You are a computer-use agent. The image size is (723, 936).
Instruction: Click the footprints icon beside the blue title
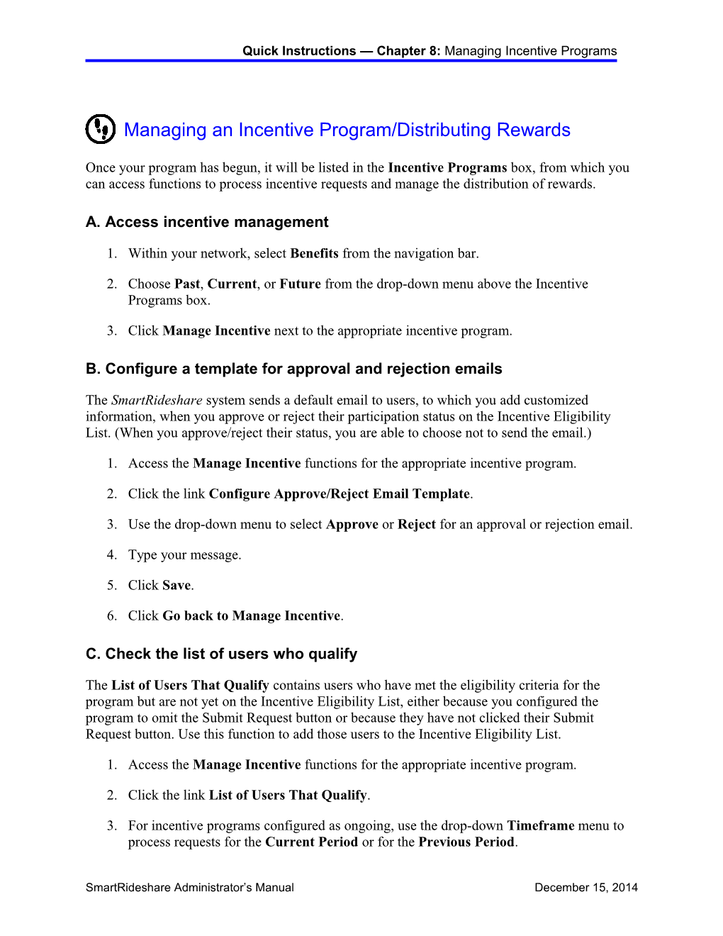tap(101, 129)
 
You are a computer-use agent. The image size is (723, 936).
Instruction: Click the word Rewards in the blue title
tap(533, 130)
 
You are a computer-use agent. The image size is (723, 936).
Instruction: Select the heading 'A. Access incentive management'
tap(207, 222)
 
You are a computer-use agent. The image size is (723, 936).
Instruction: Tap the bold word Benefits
tap(314, 253)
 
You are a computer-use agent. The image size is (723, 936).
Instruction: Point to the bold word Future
tap(300, 284)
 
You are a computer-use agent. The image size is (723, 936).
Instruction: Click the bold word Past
tap(187, 284)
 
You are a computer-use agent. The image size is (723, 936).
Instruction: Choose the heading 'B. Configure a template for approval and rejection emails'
tap(293, 369)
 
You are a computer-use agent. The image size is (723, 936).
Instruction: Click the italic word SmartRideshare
tap(157, 400)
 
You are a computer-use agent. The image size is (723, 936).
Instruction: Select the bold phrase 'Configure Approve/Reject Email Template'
tap(339, 494)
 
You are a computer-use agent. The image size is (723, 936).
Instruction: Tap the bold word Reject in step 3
tap(416, 524)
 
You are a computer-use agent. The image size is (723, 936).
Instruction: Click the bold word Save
tap(176, 585)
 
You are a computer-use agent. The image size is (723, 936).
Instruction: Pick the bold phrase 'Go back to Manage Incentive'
tap(251, 615)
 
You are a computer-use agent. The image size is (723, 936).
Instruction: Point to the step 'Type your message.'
tap(184, 555)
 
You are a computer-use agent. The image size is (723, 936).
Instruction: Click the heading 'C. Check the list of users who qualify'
tap(221, 654)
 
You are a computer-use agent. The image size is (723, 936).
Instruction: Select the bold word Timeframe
tap(540, 825)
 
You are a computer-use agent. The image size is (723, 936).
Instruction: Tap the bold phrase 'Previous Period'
tap(466, 842)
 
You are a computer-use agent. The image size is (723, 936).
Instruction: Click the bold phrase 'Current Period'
tap(311, 842)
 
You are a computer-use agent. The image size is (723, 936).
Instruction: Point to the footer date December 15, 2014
tap(585, 887)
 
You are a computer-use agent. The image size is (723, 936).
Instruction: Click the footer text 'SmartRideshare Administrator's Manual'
tap(189, 887)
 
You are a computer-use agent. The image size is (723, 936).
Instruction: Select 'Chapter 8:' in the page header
tap(408, 51)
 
